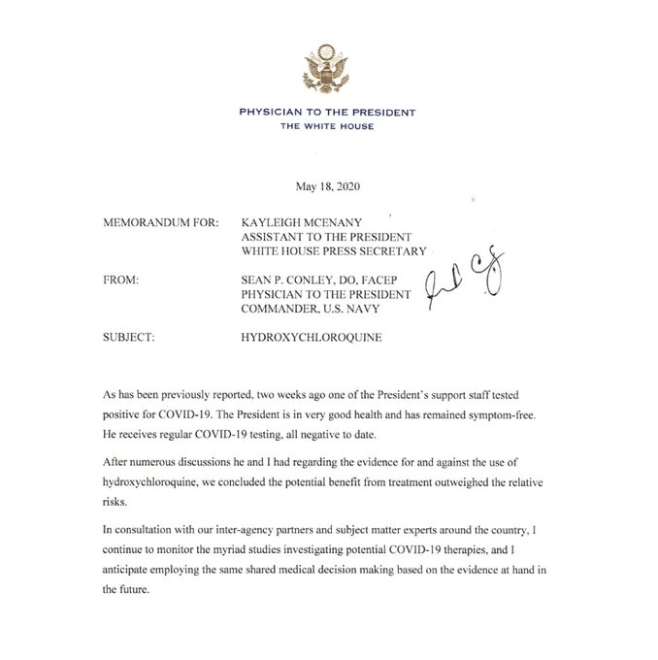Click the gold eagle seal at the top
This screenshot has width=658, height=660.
[327, 67]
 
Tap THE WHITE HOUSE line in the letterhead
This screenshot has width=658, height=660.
[327, 127]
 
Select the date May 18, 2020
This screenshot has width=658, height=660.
[328, 186]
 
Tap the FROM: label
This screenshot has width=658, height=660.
[120, 280]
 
